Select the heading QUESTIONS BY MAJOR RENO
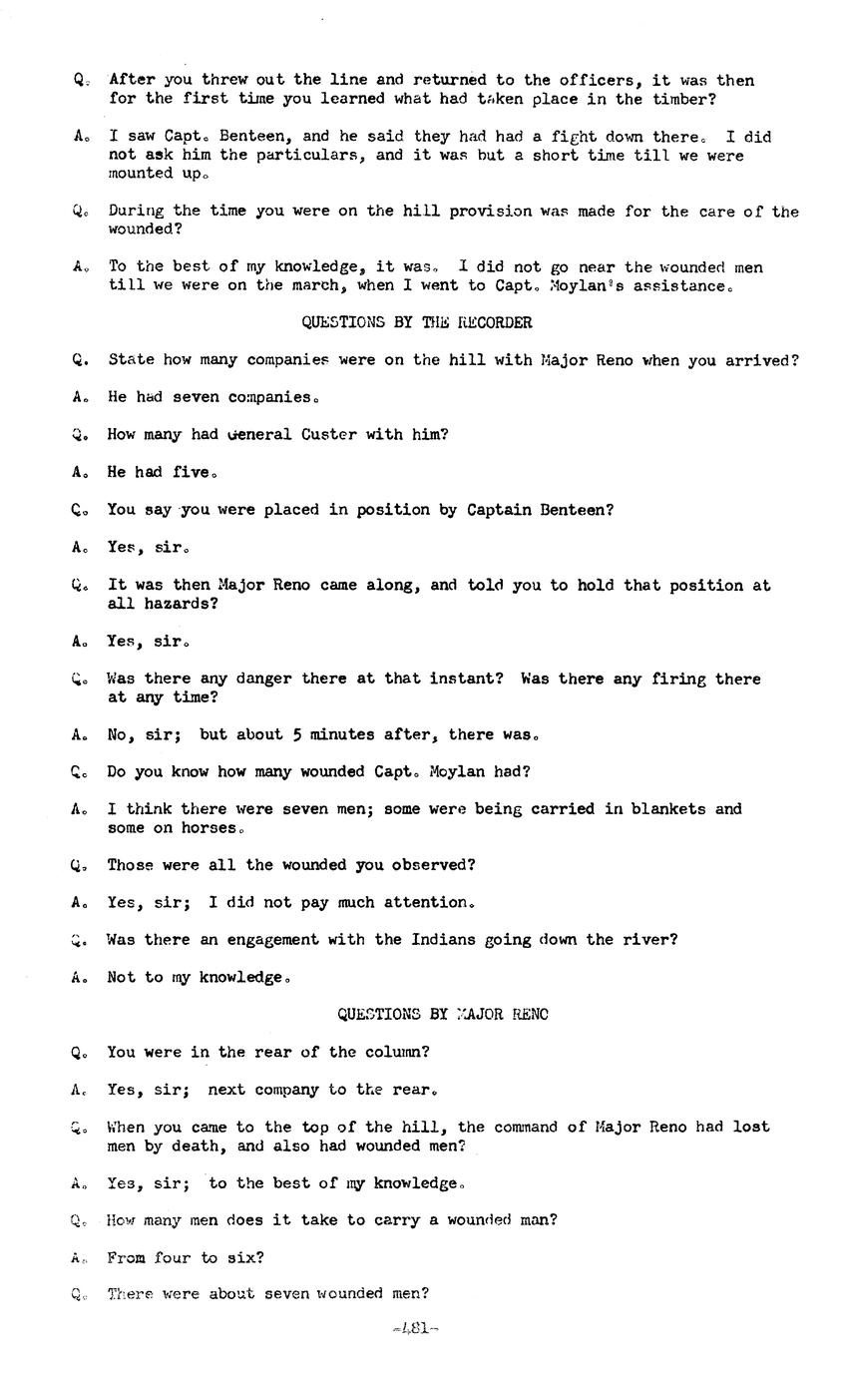pyautogui.click(x=442, y=1014)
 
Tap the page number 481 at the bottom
pyautogui.click(x=417, y=1328)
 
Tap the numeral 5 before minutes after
pyautogui.click(x=296, y=734)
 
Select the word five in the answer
pyautogui.click(x=193, y=472)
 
